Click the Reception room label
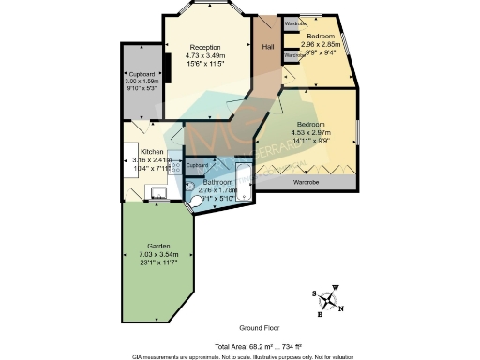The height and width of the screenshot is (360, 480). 204,47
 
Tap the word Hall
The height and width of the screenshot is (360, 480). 268,46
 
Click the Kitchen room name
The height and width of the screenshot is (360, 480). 152,152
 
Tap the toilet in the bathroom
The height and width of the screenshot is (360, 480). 194,200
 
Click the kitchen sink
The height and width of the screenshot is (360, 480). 158,195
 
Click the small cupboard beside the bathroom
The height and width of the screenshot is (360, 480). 197,165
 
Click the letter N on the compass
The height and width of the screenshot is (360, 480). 341,308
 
